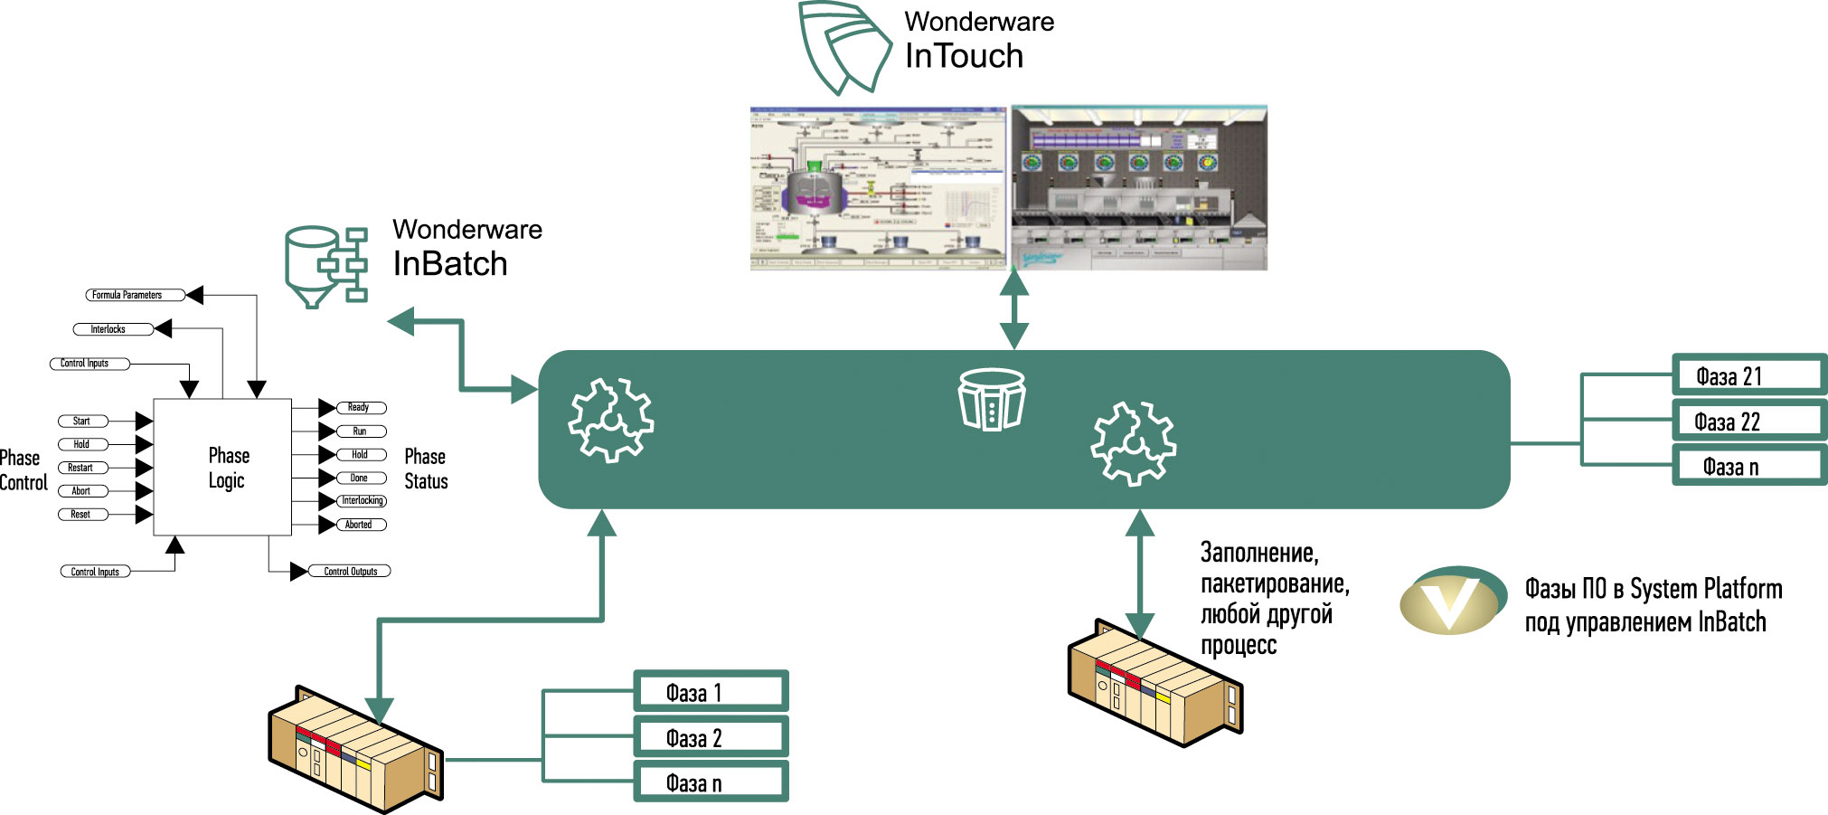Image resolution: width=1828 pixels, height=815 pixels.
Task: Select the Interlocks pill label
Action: pyautogui.click(x=114, y=329)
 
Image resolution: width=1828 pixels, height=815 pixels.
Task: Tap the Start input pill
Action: pyautogui.click(x=82, y=421)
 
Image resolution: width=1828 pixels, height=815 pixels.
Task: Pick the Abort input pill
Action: pyautogui.click(x=82, y=491)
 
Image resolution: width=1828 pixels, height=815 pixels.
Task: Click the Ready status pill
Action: pyautogui.click(x=361, y=408)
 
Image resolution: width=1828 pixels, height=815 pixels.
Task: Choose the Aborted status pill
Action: pyautogui.click(x=361, y=525)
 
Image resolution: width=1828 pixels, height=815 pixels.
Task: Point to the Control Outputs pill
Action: pyautogui.click(x=350, y=572)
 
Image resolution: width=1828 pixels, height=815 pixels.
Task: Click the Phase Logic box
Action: pyautogui.click(x=222, y=468)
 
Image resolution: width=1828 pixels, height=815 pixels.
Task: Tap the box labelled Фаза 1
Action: pyautogui.click(x=711, y=693)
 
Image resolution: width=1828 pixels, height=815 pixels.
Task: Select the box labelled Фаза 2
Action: pyautogui.click(x=711, y=738)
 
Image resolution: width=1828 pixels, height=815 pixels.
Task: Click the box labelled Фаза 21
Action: pyautogui.click(x=1748, y=376)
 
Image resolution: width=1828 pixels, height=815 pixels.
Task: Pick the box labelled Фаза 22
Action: pyautogui.click(x=1748, y=422)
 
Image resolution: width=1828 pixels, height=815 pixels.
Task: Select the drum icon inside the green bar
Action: pyautogui.click(x=991, y=399)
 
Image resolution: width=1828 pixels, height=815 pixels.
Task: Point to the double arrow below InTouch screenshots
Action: pyautogui.click(x=1014, y=308)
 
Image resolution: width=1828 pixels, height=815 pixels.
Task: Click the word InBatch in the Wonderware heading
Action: pyautogui.click(x=449, y=264)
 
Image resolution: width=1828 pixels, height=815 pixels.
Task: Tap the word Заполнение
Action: pyautogui.click(x=1258, y=553)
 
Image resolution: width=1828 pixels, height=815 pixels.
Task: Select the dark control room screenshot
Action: pyautogui.click(x=1139, y=187)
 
